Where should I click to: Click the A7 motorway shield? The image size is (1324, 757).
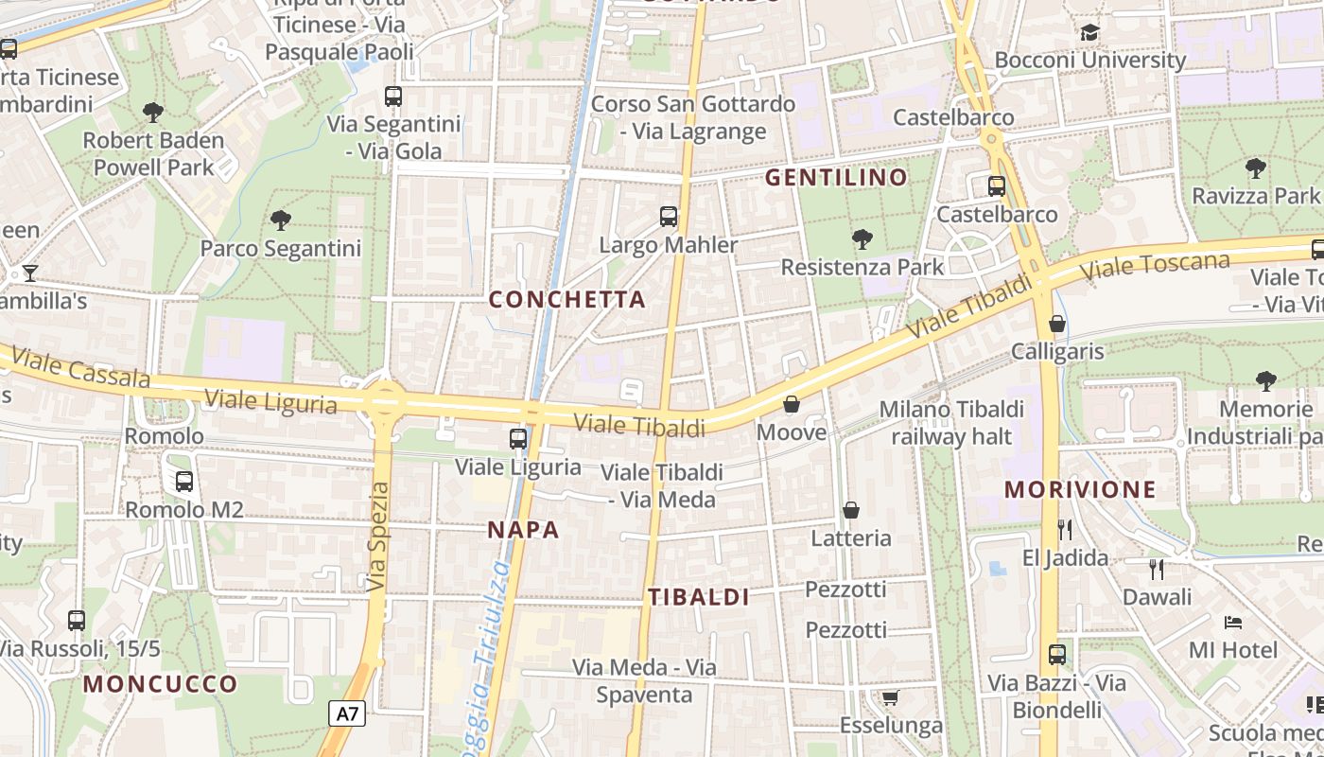point(347,713)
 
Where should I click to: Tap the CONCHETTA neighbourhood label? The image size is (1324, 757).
point(566,300)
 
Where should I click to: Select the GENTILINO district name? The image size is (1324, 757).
point(836,177)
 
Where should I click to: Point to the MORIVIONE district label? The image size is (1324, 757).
point(1080,489)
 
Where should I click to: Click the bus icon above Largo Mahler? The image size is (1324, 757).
point(669,217)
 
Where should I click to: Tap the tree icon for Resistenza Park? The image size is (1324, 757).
point(862,238)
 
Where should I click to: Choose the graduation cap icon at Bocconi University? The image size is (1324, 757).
point(1089,33)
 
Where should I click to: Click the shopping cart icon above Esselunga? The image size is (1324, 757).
point(890,698)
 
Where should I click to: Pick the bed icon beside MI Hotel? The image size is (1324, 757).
point(1233,623)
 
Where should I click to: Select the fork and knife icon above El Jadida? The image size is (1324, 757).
point(1065,529)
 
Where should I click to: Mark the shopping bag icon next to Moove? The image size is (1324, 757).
point(792,405)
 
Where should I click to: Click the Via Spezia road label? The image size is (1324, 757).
point(378,537)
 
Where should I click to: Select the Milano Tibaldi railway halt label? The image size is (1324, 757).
point(951,422)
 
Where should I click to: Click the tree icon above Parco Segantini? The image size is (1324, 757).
point(280,221)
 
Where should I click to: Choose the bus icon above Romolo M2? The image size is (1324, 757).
point(184,481)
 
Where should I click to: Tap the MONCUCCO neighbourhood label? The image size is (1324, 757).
point(160,683)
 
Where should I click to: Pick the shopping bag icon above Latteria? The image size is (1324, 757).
point(851,510)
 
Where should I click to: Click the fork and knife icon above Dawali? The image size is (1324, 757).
point(1156,569)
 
